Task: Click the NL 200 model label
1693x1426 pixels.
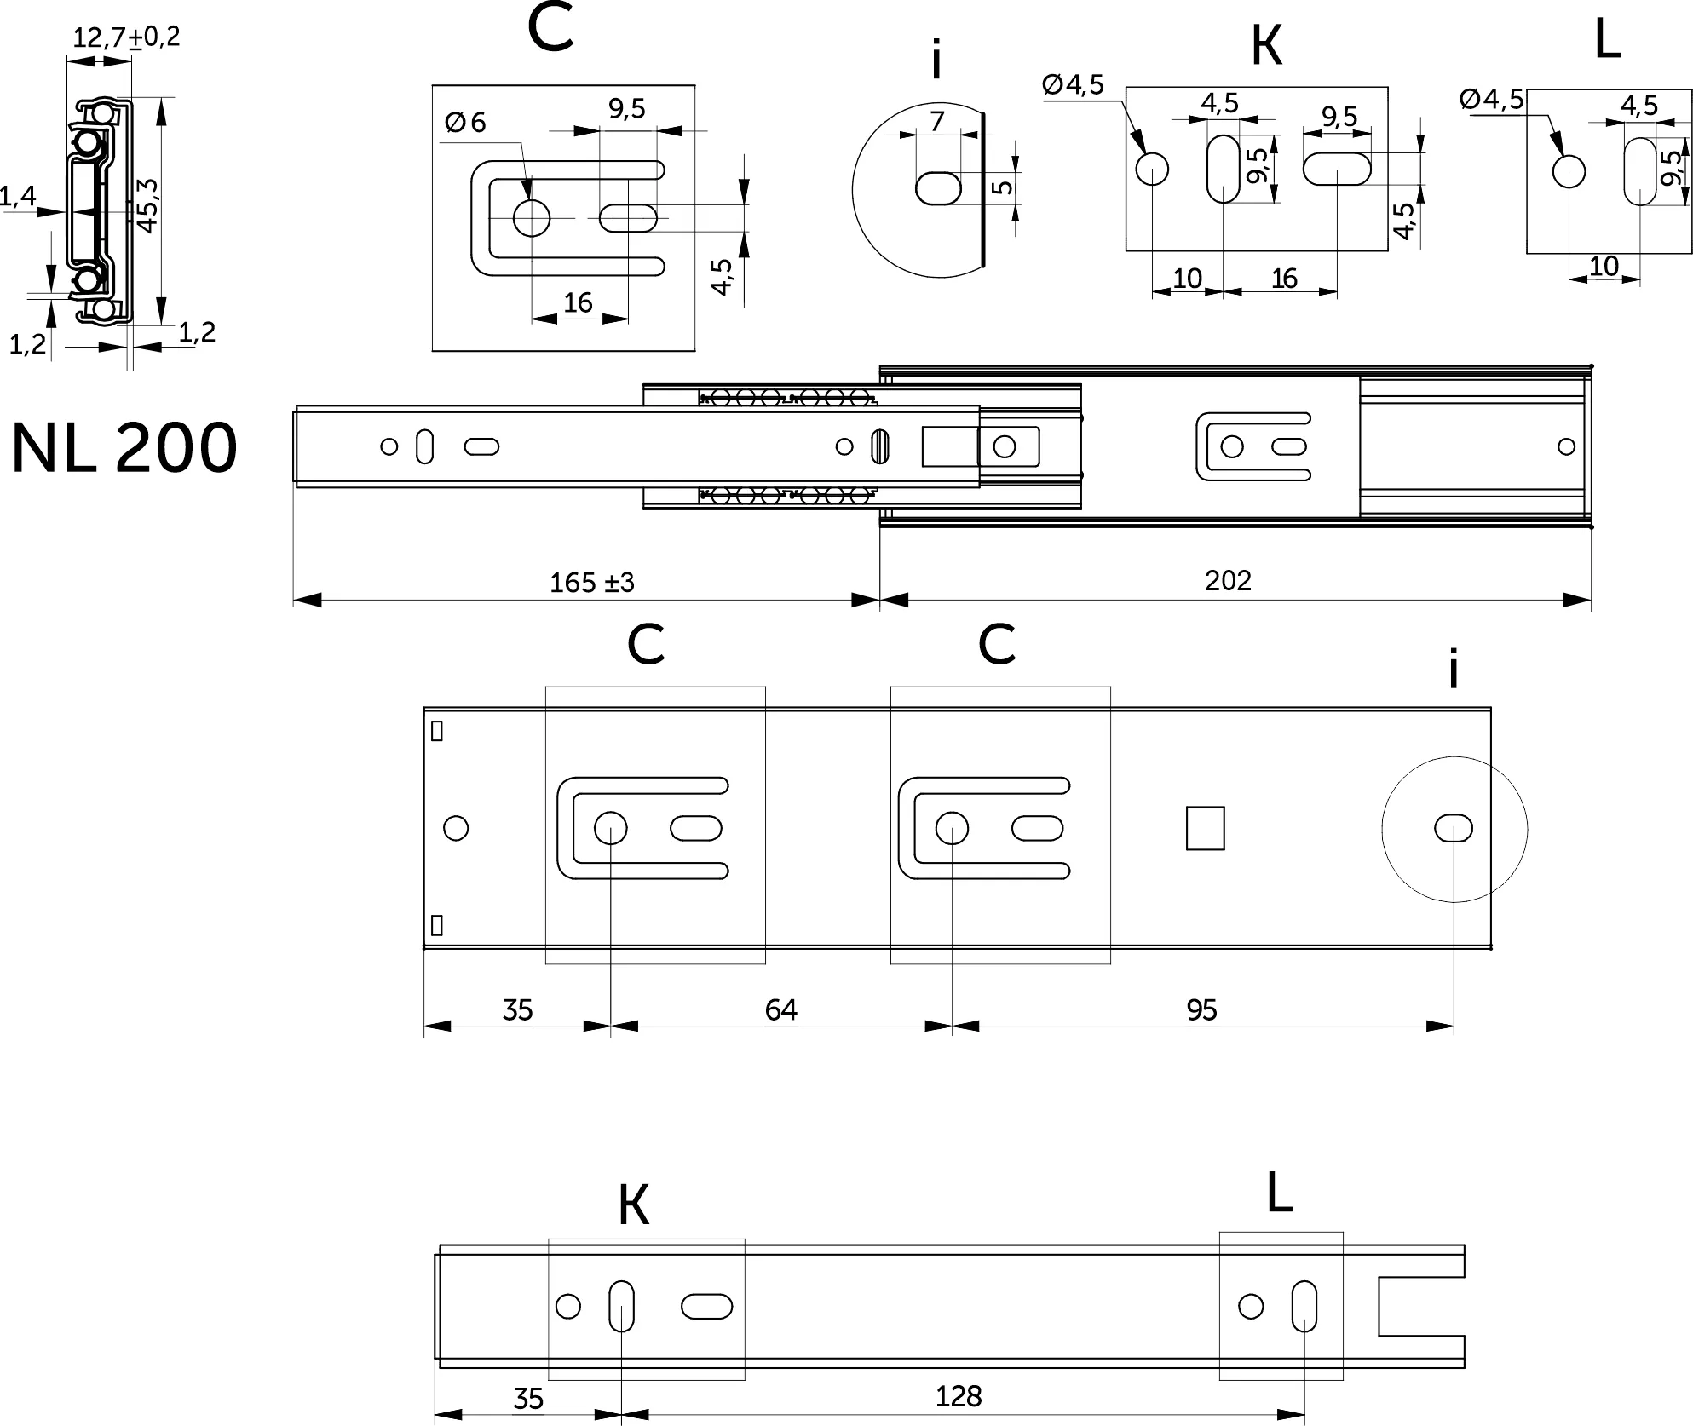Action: (124, 448)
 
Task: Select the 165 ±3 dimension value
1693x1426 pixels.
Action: (592, 583)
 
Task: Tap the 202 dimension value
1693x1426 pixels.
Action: (1228, 580)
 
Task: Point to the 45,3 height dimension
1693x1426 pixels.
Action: (147, 205)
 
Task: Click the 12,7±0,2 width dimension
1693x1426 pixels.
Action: (126, 37)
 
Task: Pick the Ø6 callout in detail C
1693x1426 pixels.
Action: (465, 123)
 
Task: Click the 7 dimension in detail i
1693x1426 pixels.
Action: (937, 122)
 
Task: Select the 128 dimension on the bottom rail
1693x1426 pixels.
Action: (959, 1396)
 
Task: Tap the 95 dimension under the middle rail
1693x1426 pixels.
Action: (1201, 1009)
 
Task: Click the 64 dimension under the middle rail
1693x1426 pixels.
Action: (780, 1009)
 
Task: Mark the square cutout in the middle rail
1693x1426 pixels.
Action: (1205, 828)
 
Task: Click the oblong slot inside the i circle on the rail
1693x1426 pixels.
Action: (1454, 828)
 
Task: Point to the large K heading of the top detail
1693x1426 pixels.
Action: (1266, 46)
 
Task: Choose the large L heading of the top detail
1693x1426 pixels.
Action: (1607, 40)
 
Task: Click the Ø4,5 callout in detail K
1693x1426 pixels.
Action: (1073, 85)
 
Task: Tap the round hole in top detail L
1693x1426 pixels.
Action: (1569, 171)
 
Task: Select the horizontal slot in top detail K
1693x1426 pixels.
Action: (1337, 168)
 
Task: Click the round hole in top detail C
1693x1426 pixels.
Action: (532, 218)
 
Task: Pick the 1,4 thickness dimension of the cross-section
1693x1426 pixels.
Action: (18, 197)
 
